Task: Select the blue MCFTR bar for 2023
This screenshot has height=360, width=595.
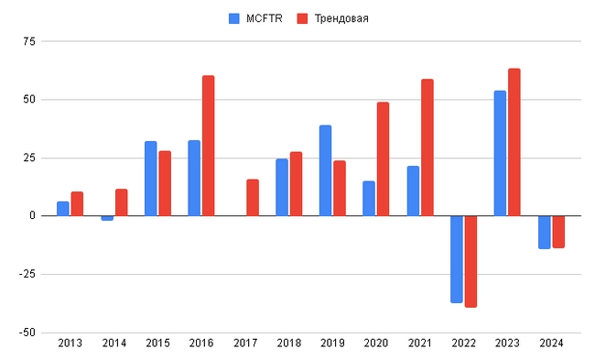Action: [500, 153]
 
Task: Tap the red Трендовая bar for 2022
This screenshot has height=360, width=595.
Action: [471, 261]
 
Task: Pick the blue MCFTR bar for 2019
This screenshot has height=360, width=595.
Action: [325, 170]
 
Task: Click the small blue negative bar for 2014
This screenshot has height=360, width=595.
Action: [107, 218]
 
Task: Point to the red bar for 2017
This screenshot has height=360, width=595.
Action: [253, 198]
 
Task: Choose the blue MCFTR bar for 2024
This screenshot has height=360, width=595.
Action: [544, 232]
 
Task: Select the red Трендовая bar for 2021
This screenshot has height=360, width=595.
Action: [427, 147]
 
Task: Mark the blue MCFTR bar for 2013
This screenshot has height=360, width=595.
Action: [63, 209]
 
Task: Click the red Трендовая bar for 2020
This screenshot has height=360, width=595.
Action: [383, 158]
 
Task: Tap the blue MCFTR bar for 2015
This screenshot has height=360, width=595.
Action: [150, 179]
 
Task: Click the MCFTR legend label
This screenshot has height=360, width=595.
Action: [265, 18]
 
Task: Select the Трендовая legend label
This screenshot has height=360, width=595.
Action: [341, 18]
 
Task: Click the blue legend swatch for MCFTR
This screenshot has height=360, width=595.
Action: [233, 18]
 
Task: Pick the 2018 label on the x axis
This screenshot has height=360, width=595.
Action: [288, 343]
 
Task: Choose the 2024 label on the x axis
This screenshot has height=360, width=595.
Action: [551, 343]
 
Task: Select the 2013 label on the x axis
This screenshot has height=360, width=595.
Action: [70, 343]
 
